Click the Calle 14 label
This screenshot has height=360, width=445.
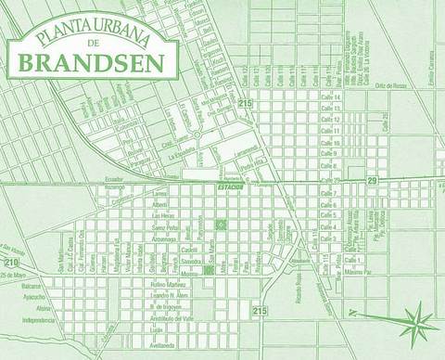(x=331, y=96)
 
